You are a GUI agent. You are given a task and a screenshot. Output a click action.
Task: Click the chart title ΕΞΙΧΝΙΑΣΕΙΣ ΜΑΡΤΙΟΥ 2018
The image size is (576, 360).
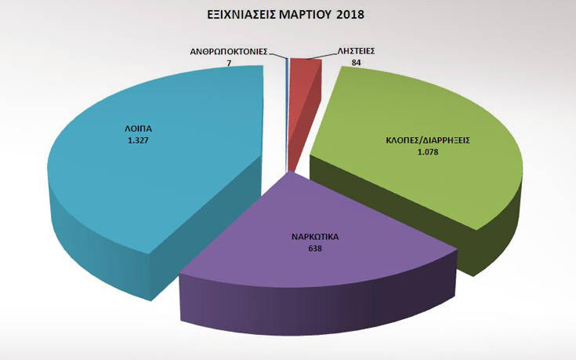point(286,14)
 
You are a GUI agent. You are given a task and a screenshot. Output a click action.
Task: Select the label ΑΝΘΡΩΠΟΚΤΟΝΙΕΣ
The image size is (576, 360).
point(229,51)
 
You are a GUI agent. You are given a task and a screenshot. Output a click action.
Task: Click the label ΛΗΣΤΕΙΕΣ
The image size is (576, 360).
point(356,51)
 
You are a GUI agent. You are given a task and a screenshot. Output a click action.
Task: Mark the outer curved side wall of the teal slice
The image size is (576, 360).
point(86,235)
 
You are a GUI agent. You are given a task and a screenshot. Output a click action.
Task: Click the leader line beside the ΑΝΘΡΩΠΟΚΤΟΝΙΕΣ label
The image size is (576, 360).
point(275,53)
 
